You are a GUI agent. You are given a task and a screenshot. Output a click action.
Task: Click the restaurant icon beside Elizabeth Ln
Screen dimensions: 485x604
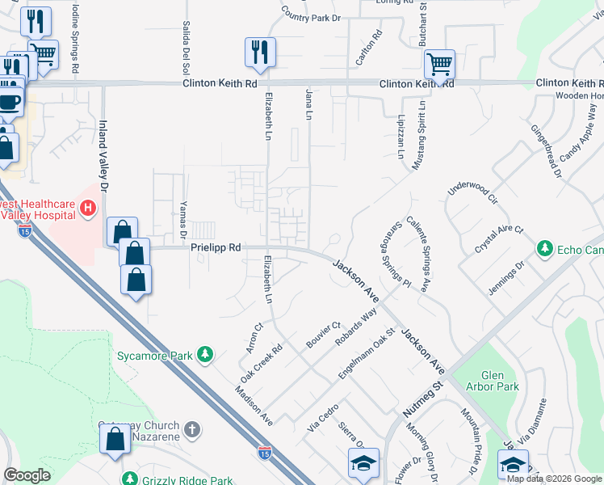coord(260,53)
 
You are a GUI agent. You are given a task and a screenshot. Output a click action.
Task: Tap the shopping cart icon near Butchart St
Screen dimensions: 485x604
coord(439,64)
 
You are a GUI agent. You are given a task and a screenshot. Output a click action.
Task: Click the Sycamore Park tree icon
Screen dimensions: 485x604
coord(206,354)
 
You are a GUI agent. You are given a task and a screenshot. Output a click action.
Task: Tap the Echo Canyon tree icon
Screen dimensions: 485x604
coord(546,247)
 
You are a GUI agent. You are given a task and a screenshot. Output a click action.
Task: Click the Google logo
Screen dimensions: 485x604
coord(27,475)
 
